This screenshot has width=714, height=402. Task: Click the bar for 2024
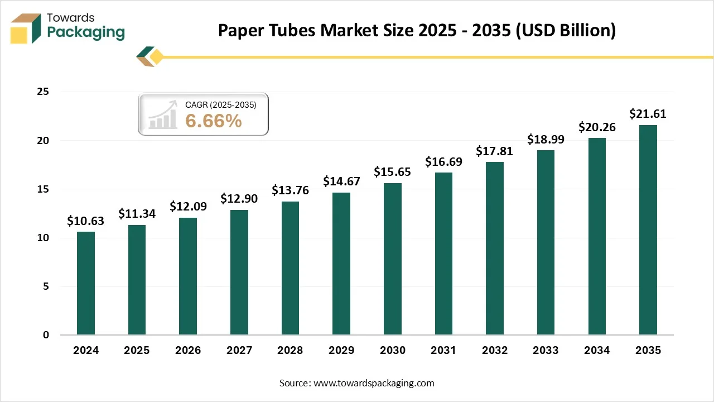point(86,283)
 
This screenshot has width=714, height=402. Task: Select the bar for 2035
point(648,230)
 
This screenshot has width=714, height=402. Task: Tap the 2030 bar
point(392,259)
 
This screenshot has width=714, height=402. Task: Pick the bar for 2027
point(239,272)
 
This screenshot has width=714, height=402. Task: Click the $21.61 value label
point(648,114)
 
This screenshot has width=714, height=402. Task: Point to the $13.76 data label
point(290,190)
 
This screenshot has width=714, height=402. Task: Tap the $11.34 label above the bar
point(137,213)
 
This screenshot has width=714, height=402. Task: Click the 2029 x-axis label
point(341,351)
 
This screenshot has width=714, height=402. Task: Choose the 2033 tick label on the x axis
point(546,351)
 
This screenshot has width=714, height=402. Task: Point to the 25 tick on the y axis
point(43,92)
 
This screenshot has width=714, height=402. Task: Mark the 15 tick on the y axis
point(43,189)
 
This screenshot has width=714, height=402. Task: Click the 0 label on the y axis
point(46,335)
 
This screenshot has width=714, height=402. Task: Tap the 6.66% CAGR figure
point(214,121)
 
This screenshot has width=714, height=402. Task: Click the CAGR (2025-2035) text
point(220,104)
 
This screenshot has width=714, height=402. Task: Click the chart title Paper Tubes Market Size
point(417,30)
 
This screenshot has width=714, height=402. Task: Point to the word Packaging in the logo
point(86,32)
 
